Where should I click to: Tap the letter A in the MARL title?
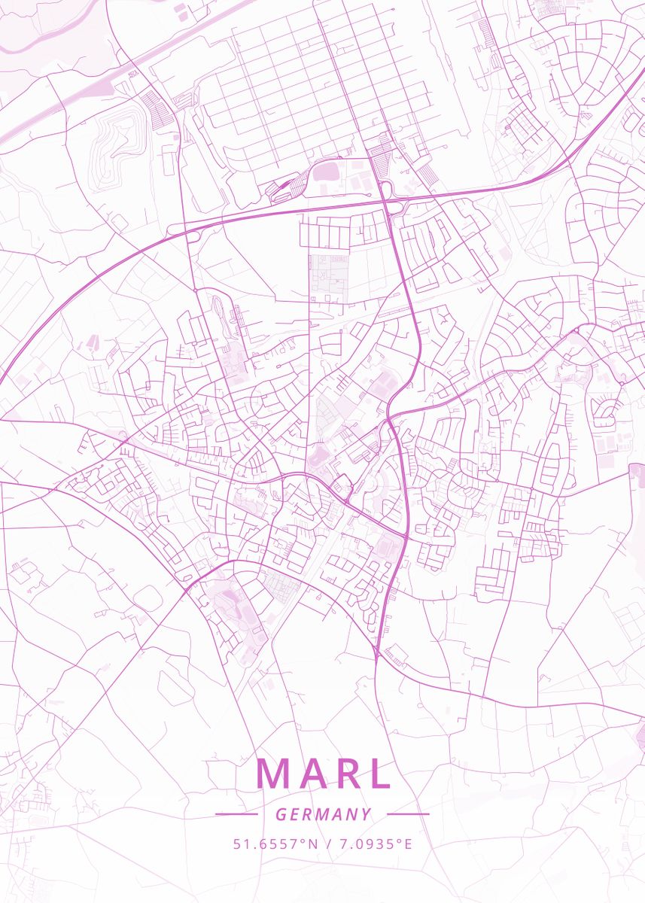[311, 773]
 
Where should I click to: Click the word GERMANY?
[323, 814]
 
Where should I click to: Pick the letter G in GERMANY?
[280, 814]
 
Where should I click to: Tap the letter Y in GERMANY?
[366, 814]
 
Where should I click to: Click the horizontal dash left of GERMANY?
[236, 814]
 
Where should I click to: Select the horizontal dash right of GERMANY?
[408, 814]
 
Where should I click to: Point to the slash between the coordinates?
[327, 844]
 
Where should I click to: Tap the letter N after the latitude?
[312, 844]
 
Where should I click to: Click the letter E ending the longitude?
[409, 844]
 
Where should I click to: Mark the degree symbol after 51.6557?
[303, 841]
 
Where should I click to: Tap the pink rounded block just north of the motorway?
[327, 172]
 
